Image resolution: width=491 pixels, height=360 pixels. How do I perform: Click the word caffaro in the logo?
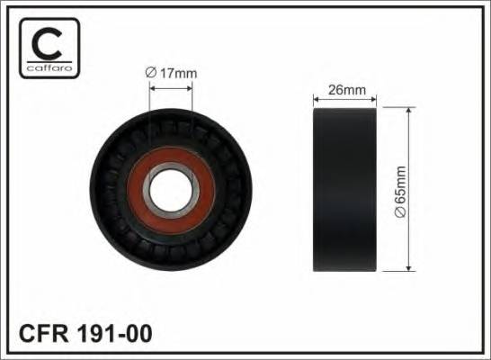(49, 67)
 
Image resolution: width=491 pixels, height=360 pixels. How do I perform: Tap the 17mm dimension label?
(178, 73)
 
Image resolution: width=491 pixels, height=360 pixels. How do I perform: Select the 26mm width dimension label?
(346, 90)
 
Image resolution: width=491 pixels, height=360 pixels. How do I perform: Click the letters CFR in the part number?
(43, 333)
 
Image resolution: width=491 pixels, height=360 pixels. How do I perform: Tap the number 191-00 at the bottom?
(114, 333)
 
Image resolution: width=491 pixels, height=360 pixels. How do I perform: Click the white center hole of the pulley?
(170, 191)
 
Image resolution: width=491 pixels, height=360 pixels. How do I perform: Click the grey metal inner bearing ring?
(147, 191)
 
